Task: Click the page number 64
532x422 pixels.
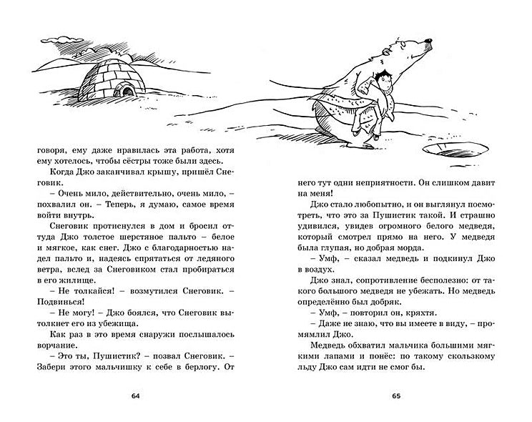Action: click(x=135, y=396)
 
